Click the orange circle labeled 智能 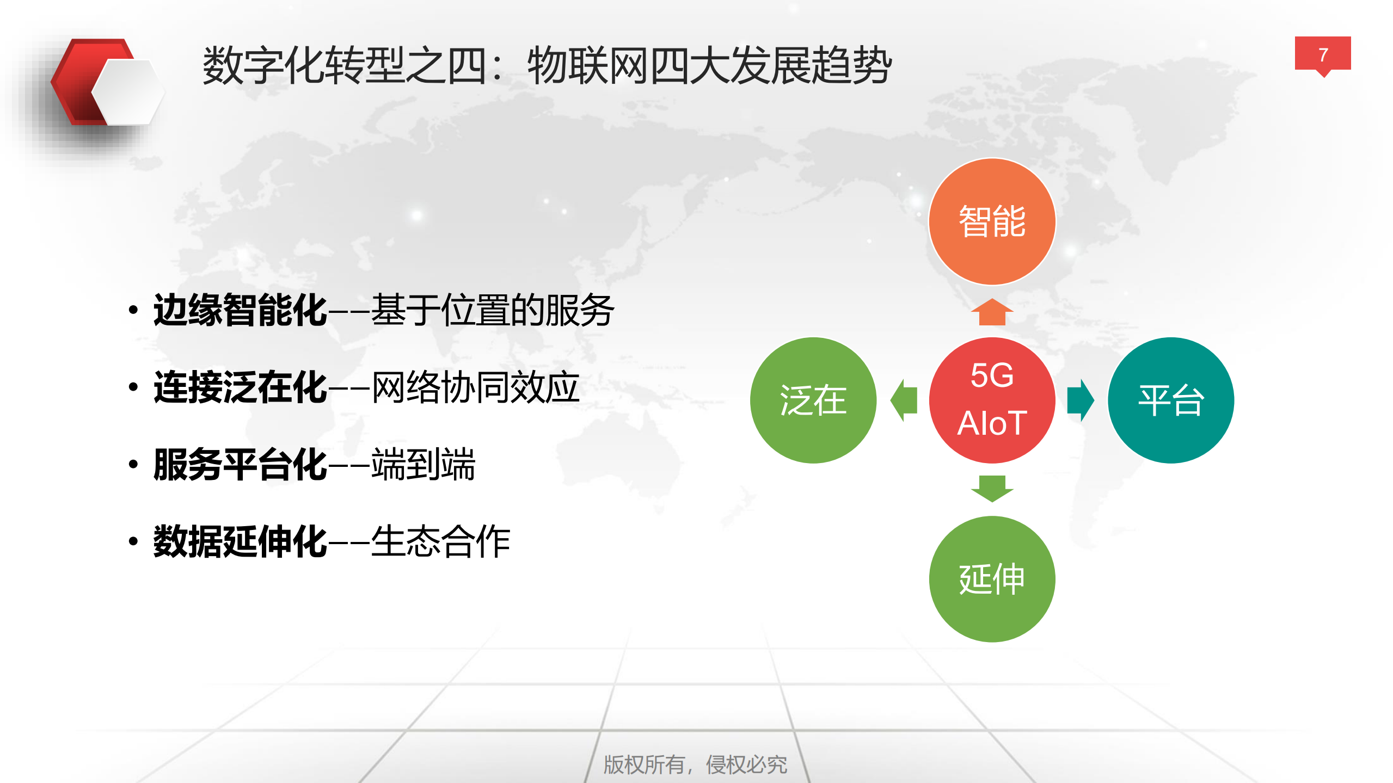click(992, 221)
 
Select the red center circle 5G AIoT click(992, 400)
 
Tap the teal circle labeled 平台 click(1170, 400)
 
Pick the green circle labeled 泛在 click(813, 400)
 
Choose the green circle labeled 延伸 click(992, 578)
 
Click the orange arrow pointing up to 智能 click(992, 312)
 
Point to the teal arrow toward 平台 click(1080, 400)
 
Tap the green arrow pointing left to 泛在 click(904, 400)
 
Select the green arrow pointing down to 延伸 click(992, 488)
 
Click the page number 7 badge click(1322, 54)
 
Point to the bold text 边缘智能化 click(240, 310)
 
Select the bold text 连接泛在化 click(240, 387)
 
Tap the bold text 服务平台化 click(240, 465)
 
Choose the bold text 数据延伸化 click(240, 542)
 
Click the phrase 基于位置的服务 click(493, 310)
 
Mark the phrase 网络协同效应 click(475, 387)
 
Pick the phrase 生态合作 click(440, 542)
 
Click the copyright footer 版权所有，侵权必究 click(695, 764)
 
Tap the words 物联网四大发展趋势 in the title click(709, 66)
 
